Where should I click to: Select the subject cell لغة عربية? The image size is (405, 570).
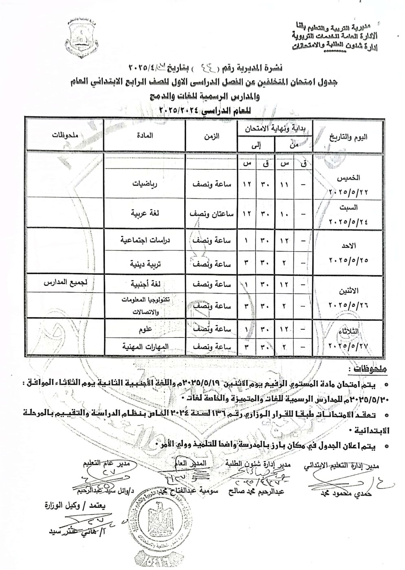(145, 213)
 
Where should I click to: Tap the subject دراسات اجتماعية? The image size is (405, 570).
(145, 241)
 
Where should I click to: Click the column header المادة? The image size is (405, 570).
(145, 136)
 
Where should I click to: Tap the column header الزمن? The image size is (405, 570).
(211, 136)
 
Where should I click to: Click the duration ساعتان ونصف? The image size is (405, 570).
(209, 213)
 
